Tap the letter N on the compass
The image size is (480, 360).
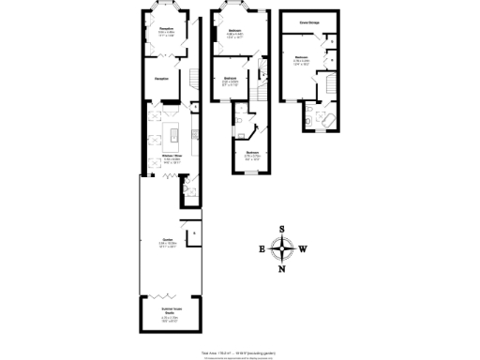pos(281,270)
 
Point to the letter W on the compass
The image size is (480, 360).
pos(303,249)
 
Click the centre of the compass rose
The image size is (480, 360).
pos(281,249)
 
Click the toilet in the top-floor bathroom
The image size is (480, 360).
pos(308,117)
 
